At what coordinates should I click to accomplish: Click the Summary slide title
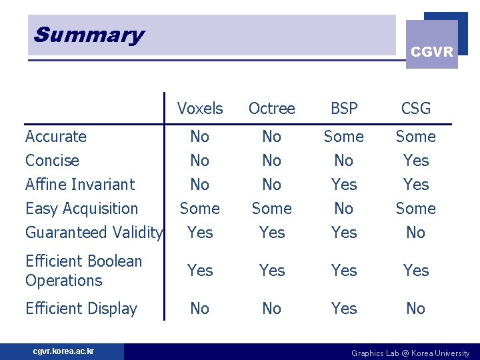89,35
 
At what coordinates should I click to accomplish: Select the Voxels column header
200,108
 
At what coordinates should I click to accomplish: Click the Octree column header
271,108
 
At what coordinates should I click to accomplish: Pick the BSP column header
344,108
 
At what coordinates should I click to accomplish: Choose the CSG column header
416,108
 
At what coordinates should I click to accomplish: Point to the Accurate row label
56,137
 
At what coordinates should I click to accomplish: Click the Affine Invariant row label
80,185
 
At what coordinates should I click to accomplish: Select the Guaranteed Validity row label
93,233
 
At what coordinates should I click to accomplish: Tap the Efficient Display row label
81,309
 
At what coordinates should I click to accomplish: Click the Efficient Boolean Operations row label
83,271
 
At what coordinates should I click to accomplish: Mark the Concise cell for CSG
416,161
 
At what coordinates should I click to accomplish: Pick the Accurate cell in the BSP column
344,137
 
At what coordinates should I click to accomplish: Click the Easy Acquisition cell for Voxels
200,209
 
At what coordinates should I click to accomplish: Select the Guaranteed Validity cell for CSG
416,233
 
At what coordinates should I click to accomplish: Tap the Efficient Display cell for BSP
344,309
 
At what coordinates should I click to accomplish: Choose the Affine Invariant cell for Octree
271,185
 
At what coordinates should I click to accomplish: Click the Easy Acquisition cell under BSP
344,209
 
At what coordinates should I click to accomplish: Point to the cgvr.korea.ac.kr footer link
64,351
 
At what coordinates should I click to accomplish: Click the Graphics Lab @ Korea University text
410,353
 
